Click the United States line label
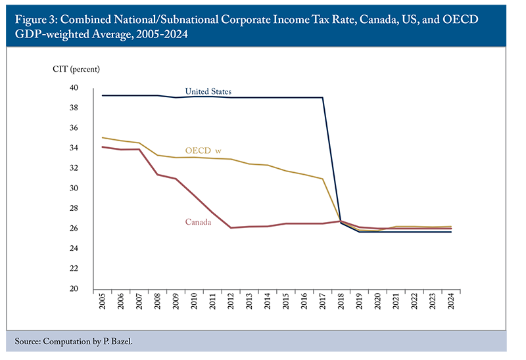coord(208,91)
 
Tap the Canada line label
coord(197,223)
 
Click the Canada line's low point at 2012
coord(231,228)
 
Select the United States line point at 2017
coord(322,98)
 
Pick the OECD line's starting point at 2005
coord(103,138)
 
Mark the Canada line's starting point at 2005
coord(103,147)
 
